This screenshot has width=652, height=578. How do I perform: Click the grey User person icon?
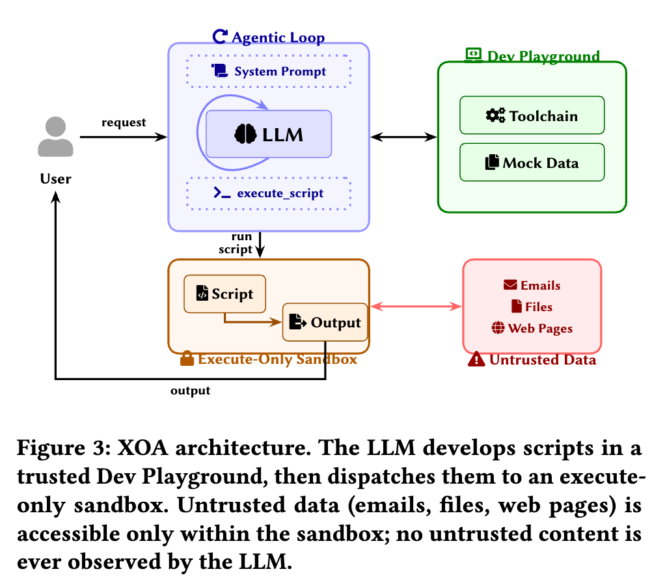tap(56, 138)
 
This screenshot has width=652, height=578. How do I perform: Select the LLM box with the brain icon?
tap(269, 134)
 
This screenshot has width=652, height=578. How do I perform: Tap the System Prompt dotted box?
tap(269, 71)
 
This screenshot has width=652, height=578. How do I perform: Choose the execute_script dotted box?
tap(269, 193)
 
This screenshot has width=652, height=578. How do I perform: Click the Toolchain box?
tap(532, 116)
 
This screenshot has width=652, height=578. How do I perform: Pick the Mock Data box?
tap(532, 162)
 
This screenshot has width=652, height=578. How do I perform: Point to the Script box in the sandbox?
tap(225, 294)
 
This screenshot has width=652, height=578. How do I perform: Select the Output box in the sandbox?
tap(325, 322)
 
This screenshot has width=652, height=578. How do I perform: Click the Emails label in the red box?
tap(532, 285)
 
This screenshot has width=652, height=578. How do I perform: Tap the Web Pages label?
tap(532, 328)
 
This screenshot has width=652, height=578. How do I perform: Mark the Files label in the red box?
tap(532, 307)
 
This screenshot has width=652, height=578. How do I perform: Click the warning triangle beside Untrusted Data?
tap(476, 359)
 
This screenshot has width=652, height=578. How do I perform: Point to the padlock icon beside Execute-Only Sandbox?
tap(187, 359)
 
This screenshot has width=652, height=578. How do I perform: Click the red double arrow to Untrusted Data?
tap(415, 306)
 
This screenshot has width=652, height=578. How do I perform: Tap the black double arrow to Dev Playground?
tap(403, 137)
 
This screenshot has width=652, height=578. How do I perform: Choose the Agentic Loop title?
tap(269, 38)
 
